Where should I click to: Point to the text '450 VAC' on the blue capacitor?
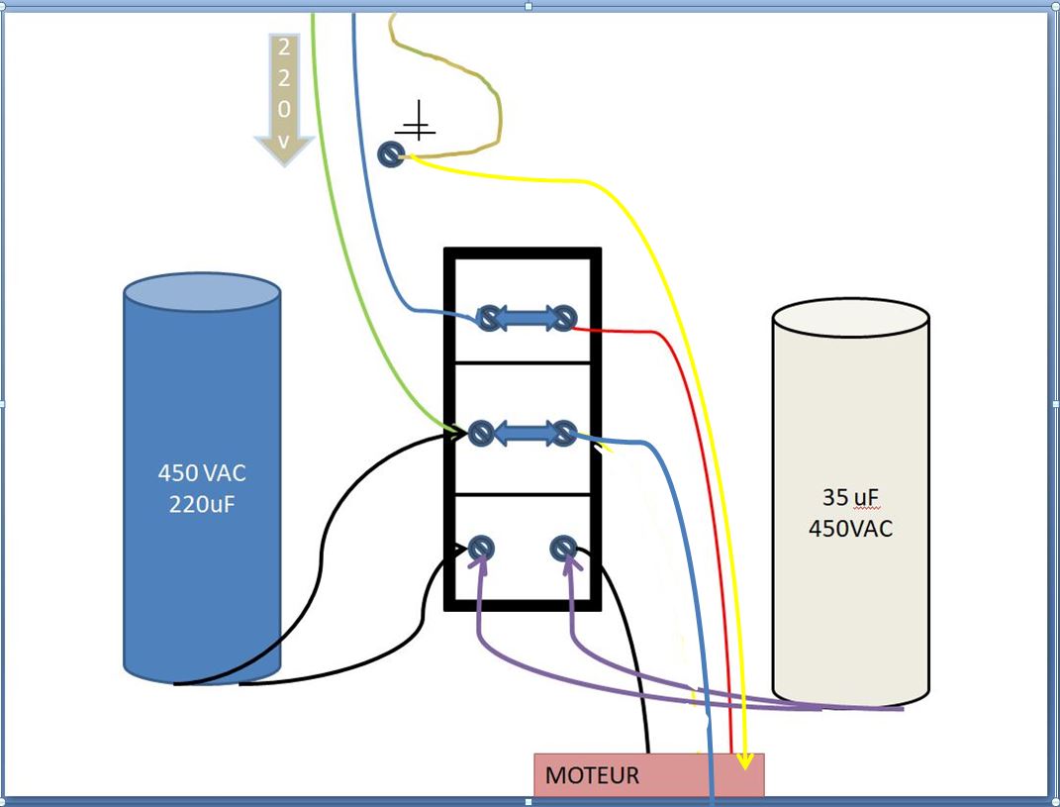click(x=202, y=472)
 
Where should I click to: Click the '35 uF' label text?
click(x=850, y=497)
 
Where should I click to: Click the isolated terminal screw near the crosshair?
click(x=392, y=154)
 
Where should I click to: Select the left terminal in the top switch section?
click(x=488, y=318)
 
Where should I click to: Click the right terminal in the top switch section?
click(x=563, y=318)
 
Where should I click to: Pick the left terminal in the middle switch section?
click(x=481, y=433)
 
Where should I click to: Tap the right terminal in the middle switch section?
click(x=563, y=433)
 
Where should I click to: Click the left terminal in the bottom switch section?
click(x=481, y=548)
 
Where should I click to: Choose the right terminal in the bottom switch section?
click(x=563, y=548)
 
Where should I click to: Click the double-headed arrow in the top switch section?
click(x=526, y=318)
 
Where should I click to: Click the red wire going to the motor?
click(x=728, y=594)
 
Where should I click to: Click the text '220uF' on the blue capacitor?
click(x=202, y=504)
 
